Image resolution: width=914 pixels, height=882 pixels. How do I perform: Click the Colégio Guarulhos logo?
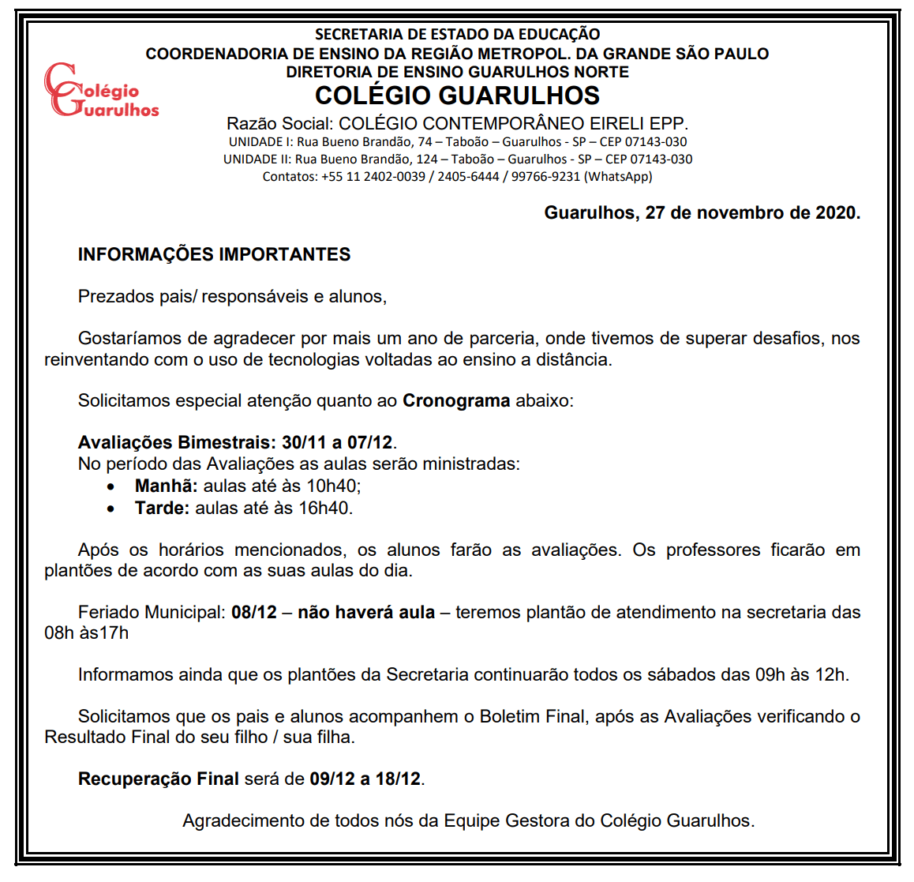100,90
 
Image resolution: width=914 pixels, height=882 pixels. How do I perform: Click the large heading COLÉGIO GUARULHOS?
457,96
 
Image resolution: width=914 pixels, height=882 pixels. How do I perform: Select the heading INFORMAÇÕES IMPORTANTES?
214,254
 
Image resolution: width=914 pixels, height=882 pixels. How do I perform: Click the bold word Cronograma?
456,401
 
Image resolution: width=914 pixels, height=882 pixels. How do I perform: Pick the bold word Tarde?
162,509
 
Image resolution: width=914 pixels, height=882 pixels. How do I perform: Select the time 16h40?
324,509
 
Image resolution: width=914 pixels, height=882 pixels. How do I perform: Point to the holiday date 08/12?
254,613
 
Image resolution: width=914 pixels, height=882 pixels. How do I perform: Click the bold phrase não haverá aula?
366,613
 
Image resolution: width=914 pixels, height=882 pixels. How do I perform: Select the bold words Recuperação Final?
158,779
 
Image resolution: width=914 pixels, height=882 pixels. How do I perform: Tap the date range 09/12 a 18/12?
365,779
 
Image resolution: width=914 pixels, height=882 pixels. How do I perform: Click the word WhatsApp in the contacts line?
618,177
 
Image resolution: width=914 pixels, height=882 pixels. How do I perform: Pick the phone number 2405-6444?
468,177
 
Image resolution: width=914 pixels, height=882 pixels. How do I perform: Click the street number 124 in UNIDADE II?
427,160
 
